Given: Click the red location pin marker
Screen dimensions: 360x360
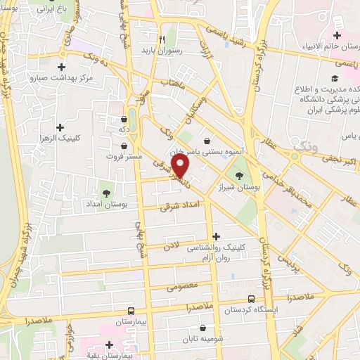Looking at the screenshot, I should click(x=181, y=167).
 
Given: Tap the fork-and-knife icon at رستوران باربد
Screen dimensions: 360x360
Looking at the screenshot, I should click(x=162, y=39).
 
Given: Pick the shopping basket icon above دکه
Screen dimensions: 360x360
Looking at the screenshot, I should click(x=132, y=119).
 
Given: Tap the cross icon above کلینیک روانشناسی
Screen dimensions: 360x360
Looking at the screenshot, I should click(x=216, y=237).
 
